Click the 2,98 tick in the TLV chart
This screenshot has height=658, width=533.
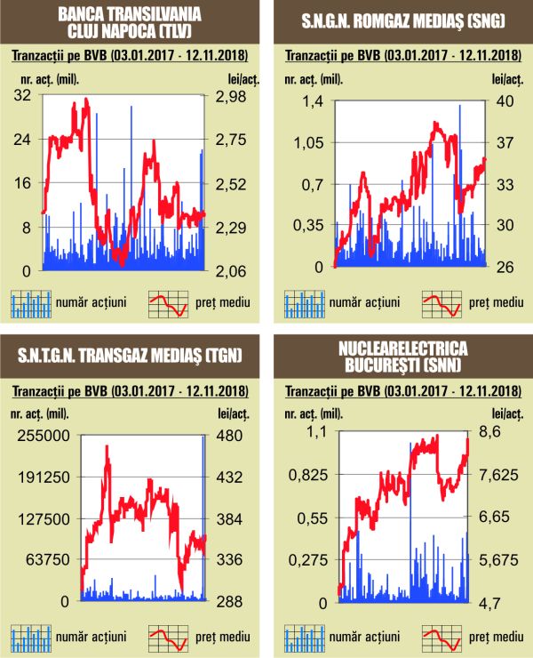click(x=229, y=97)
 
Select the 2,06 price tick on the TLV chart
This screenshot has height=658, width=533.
click(x=229, y=270)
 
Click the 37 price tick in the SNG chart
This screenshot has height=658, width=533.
click(x=504, y=143)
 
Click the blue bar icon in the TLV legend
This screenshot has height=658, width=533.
click(x=30, y=303)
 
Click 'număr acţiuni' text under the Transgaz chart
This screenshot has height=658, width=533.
click(x=89, y=637)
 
